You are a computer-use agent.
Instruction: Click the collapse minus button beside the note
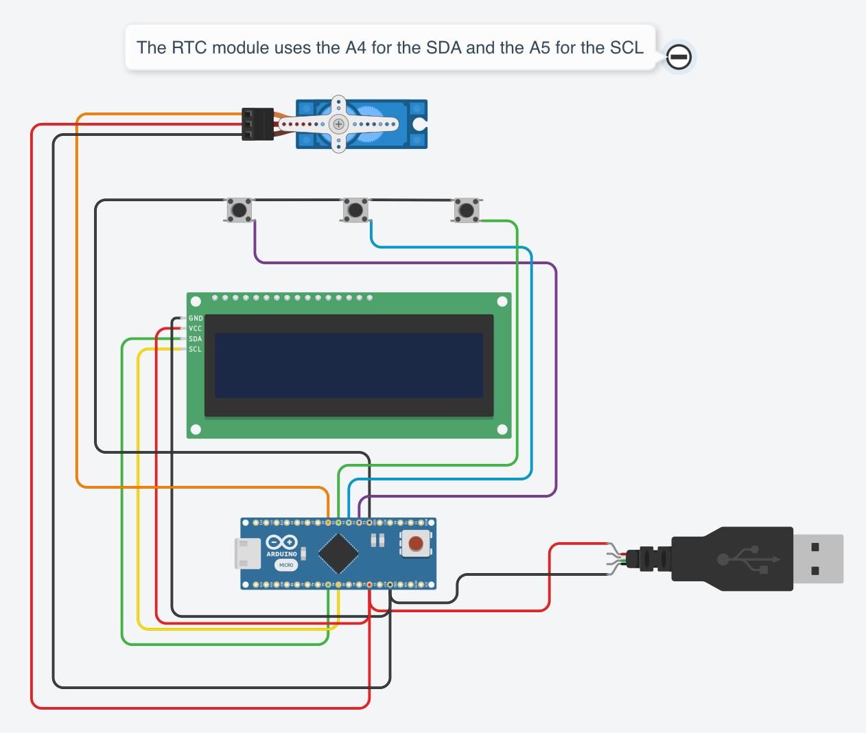point(679,57)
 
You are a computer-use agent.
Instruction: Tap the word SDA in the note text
point(443,47)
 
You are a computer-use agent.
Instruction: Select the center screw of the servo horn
point(338,124)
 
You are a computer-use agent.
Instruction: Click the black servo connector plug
point(257,124)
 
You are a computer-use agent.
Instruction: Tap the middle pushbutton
point(355,209)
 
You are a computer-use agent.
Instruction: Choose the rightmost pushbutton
point(467,210)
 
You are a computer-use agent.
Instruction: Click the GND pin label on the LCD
point(196,318)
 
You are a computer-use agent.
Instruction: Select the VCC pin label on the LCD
point(196,329)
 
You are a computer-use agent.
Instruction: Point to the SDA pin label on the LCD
point(196,339)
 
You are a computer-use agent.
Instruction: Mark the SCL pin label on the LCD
point(196,349)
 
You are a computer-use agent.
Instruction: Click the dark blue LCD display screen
point(349,365)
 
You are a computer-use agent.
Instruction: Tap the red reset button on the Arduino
point(416,544)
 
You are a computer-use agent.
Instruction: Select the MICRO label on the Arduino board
point(286,565)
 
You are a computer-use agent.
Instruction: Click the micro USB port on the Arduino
point(248,554)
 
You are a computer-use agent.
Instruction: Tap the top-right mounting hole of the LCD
point(502,301)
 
